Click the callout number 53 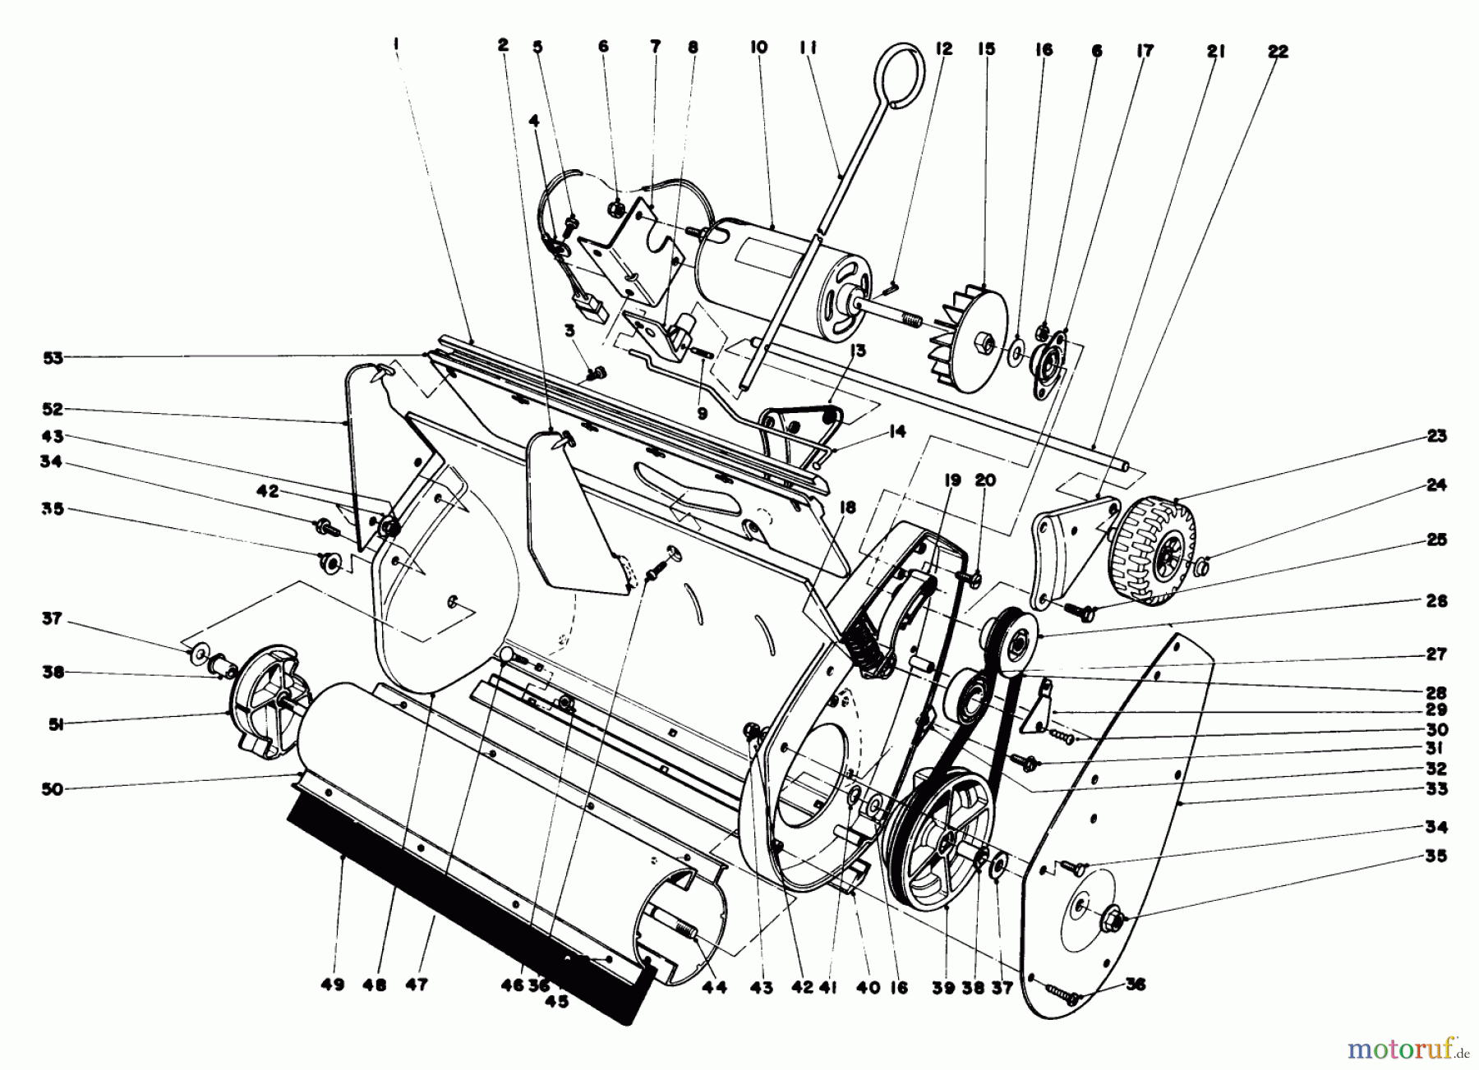click(53, 357)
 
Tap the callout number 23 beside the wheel click(1437, 436)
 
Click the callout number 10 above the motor click(758, 47)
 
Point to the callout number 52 click(53, 409)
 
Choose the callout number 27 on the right click(1437, 654)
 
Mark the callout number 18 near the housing click(847, 508)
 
